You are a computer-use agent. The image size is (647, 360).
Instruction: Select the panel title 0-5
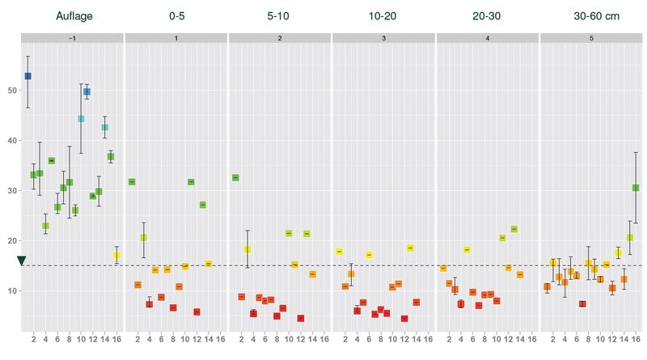tap(176, 15)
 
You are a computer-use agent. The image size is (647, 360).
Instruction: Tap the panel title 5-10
tap(280, 15)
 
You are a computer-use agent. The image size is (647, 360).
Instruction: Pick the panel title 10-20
tap(383, 15)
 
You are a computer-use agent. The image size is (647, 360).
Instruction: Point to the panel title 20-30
tap(487, 15)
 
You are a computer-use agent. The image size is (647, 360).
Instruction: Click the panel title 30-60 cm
tap(591, 15)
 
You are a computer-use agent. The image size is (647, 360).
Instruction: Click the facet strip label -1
tap(72, 38)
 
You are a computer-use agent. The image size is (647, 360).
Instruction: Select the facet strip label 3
tap(383, 38)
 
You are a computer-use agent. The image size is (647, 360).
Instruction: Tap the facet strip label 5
tap(591, 38)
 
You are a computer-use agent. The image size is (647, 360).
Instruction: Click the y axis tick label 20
tap(11, 241)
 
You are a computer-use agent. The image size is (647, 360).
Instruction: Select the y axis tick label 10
tap(11, 291)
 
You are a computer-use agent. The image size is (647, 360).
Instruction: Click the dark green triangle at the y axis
tap(22, 260)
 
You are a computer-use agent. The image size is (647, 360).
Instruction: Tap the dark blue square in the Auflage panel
tap(27, 76)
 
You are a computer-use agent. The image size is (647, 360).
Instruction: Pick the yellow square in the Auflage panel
tap(116, 255)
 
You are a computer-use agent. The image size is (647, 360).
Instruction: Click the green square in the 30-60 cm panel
tap(636, 188)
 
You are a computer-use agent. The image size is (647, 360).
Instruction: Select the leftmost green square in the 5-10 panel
tap(235, 177)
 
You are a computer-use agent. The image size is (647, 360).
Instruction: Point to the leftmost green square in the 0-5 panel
tap(132, 182)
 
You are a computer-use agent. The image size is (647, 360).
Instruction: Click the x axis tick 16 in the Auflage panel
tap(117, 338)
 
